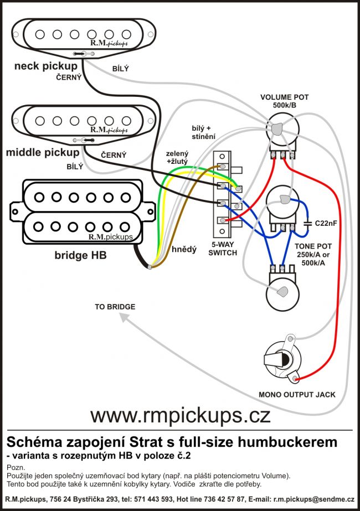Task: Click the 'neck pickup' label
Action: (46, 66)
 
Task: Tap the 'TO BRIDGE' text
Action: (115, 306)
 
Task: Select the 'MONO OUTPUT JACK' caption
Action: (297, 395)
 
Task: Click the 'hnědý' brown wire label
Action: (184, 250)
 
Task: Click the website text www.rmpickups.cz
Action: (180, 414)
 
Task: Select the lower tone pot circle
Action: (283, 292)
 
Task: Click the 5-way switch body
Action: (223, 191)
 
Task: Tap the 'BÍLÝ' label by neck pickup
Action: (120, 68)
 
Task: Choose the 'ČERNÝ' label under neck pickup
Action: (69, 78)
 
